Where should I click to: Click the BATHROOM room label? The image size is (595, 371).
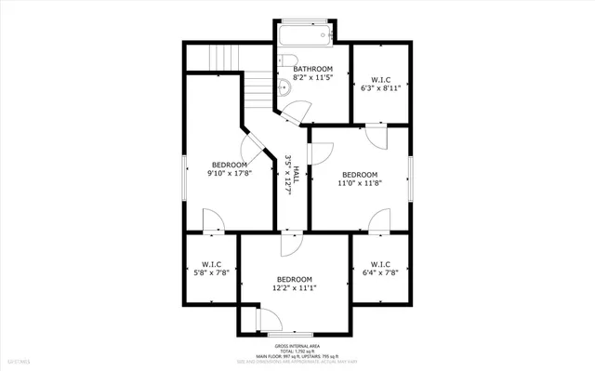(x=313, y=69)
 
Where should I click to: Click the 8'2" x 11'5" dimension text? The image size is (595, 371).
(x=313, y=79)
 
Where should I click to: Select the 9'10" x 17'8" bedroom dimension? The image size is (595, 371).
(x=229, y=173)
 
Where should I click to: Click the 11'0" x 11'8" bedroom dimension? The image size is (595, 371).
(x=360, y=184)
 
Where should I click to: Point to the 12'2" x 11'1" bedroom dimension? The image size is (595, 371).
(x=294, y=288)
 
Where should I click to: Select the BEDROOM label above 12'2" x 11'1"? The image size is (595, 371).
(x=294, y=279)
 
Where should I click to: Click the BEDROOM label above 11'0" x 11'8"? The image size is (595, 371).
(x=360, y=175)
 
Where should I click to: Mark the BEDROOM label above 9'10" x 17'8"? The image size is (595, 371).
(x=229, y=164)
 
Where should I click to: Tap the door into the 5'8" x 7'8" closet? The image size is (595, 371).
(x=212, y=220)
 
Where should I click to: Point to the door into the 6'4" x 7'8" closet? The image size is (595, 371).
(x=378, y=222)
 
